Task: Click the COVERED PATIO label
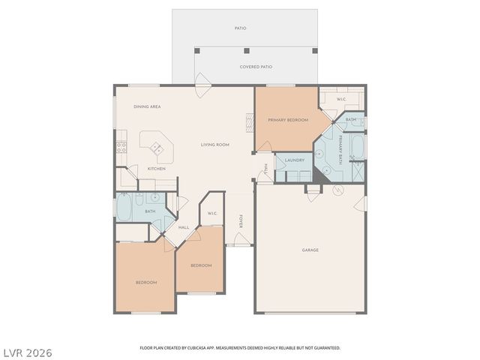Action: (256, 67)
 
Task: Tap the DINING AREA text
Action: (147, 106)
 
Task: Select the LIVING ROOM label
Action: (214, 145)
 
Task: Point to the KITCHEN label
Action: (156, 169)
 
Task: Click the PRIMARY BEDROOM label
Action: (289, 119)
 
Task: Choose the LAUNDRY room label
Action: (294, 160)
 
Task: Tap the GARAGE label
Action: (310, 250)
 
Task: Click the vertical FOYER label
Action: (241, 222)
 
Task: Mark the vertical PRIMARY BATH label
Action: (339, 147)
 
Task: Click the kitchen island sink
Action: (157, 147)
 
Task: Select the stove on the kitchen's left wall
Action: (120, 147)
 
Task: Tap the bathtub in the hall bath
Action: (124, 207)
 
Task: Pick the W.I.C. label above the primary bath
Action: (340, 99)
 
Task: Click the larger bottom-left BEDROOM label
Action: (145, 282)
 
